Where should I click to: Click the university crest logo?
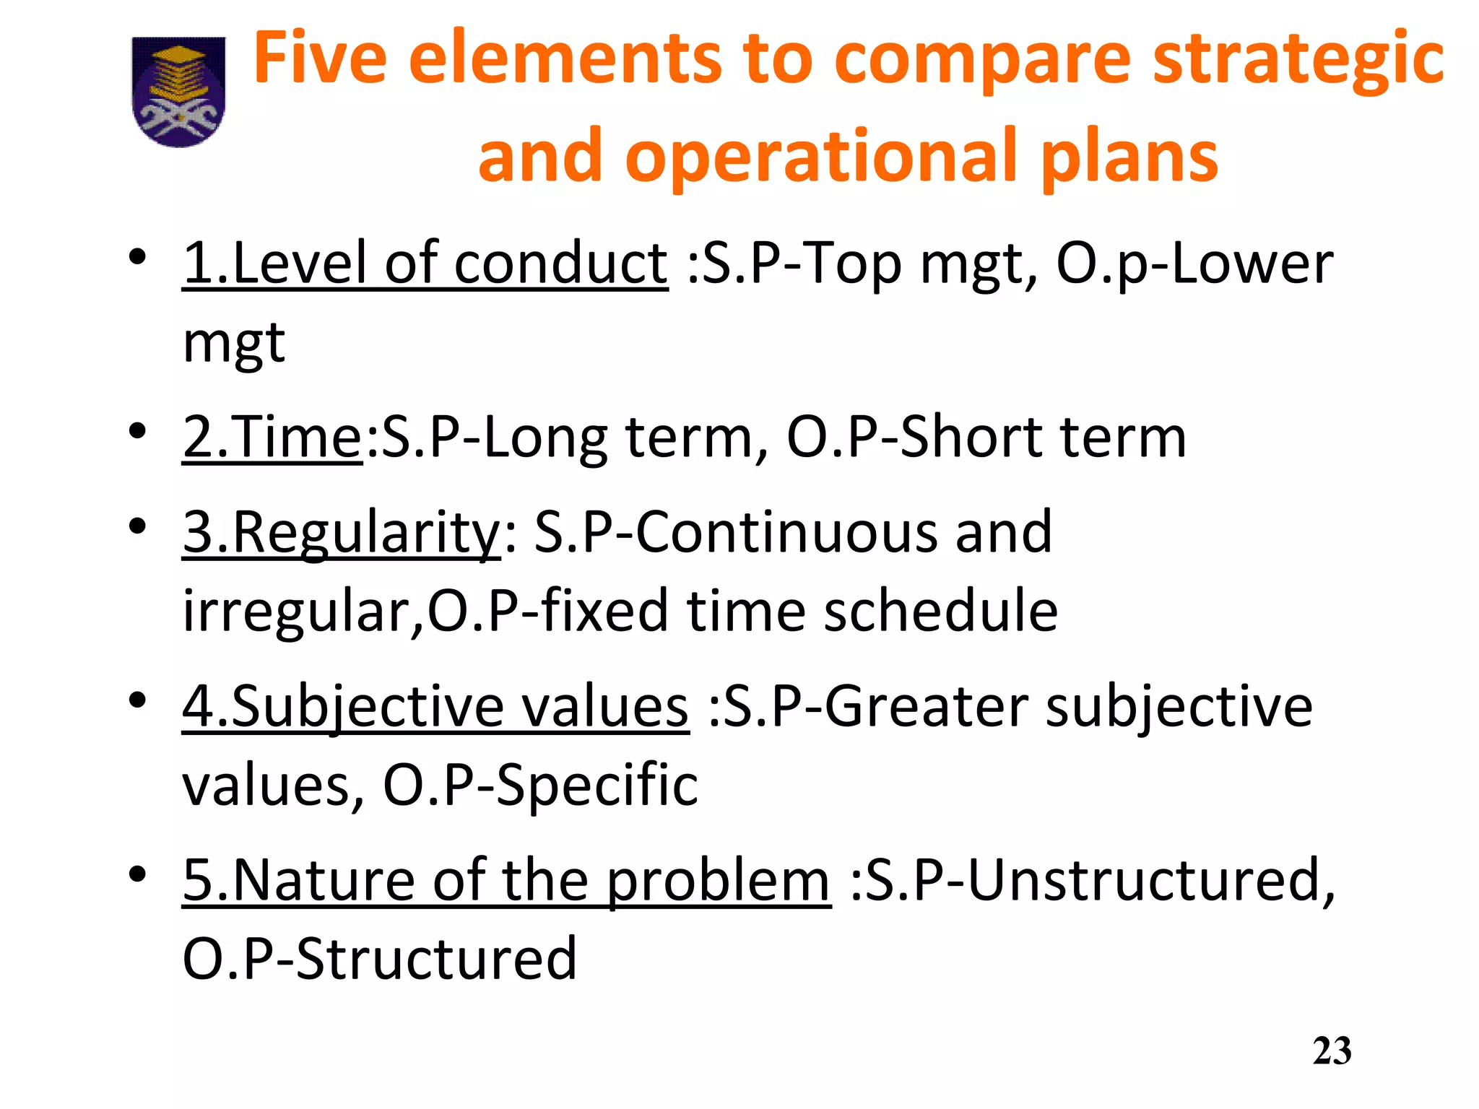(178, 92)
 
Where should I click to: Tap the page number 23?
(1332, 1051)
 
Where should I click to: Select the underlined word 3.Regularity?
(342, 533)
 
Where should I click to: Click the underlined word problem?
(718, 881)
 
